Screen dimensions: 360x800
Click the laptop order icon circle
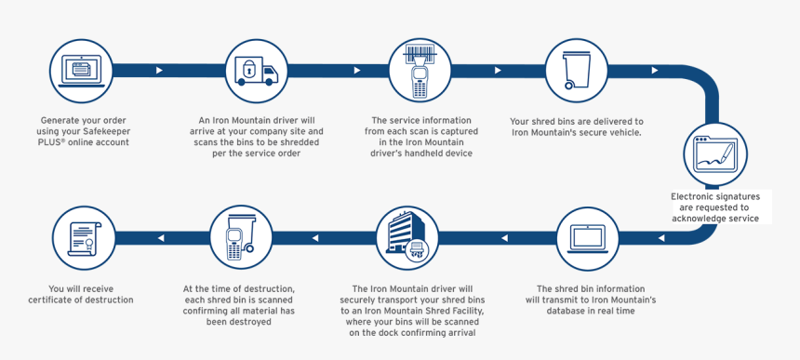click(81, 70)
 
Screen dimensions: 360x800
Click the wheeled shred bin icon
click(577, 70)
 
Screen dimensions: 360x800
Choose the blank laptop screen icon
click(588, 237)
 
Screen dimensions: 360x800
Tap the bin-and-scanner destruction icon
click(240, 237)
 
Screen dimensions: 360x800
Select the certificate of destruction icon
click(81, 237)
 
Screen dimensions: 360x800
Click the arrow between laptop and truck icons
click(160, 70)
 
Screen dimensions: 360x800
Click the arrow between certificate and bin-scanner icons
click(160, 238)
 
